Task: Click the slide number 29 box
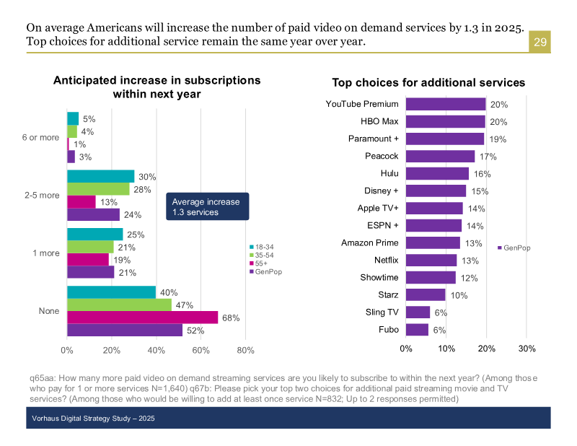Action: (x=540, y=43)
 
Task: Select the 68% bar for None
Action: (x=142, y=318)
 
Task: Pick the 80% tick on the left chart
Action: (x=245, y=351)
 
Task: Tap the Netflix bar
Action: (x=431, y=260)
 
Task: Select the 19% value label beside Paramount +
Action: (x=498, y=139)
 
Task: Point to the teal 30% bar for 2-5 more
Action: (x=101, y=177)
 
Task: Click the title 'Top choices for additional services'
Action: (x=428, y=83)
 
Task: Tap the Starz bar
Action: (x=426, y=294)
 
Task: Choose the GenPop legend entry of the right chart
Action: (x=514, y=248)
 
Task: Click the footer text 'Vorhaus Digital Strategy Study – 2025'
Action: (x=93, y=419)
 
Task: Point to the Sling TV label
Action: (x=383, y=312)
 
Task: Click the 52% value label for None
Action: (x=195, y=331)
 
